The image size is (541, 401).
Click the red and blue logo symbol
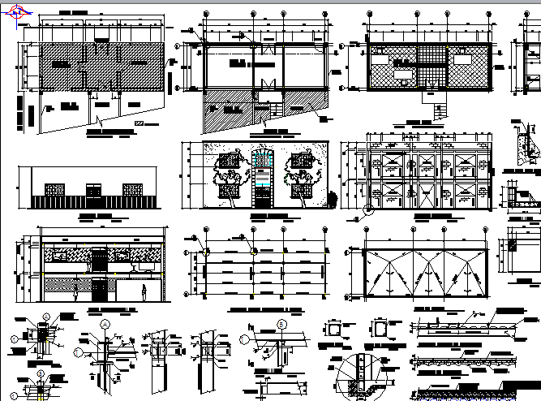coord(11,19)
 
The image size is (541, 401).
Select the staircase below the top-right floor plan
coord(442,110)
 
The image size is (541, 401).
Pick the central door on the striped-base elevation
coord(94,192)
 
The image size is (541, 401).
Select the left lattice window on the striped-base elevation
coord(53,190)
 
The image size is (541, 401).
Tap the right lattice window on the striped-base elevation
coord(134,190)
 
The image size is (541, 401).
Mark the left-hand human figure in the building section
coord(76,289)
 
